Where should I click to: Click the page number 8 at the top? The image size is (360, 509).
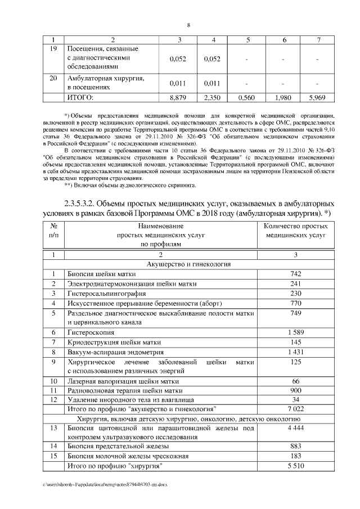(x=188, y=25)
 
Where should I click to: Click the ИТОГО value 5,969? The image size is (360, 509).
(x=318, y=97)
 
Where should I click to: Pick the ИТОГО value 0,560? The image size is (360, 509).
(x=247, y=97)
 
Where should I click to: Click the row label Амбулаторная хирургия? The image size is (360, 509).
(x=106, y=78)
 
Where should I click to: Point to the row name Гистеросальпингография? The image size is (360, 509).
(x=107, y=294)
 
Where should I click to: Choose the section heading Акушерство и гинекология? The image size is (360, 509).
(x=188, y=263)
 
